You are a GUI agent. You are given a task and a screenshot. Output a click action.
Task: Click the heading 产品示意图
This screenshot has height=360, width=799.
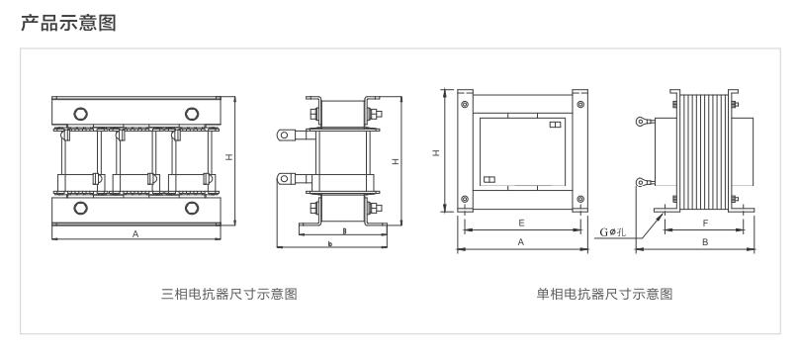68,23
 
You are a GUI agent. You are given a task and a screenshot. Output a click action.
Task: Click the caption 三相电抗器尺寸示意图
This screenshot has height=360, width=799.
228,294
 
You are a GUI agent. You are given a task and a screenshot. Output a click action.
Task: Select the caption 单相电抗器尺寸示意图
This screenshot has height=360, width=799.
604,294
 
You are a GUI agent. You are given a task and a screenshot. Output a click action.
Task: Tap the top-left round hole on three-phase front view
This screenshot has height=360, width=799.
80,114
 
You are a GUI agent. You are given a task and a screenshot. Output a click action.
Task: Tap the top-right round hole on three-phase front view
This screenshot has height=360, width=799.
192,114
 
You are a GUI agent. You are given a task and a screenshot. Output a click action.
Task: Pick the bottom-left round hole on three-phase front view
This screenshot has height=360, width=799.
80,208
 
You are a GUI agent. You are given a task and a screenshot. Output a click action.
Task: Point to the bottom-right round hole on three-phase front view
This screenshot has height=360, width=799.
192,208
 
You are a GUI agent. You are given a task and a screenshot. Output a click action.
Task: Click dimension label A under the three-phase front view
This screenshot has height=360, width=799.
135,234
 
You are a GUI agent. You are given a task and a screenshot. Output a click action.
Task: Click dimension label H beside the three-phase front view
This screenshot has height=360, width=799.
229,158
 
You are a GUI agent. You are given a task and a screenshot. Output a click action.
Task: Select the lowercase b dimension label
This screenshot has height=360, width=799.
330,244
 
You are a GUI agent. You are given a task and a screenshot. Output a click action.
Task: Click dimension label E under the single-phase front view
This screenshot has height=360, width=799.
521,223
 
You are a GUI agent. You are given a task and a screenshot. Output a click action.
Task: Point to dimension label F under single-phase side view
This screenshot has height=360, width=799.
705,223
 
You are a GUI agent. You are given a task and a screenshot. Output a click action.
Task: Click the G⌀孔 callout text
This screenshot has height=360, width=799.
612,232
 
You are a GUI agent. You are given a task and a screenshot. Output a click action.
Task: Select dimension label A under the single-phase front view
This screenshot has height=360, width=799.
521,242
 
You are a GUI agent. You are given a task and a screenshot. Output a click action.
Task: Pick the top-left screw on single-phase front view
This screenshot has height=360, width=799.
464,105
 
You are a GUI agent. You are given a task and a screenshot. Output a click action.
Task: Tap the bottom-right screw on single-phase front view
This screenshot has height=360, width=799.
579,199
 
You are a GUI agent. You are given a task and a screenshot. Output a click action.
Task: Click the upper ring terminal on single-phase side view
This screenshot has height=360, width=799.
642,122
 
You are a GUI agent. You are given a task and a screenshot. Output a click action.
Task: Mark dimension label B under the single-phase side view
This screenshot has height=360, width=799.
705,242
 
